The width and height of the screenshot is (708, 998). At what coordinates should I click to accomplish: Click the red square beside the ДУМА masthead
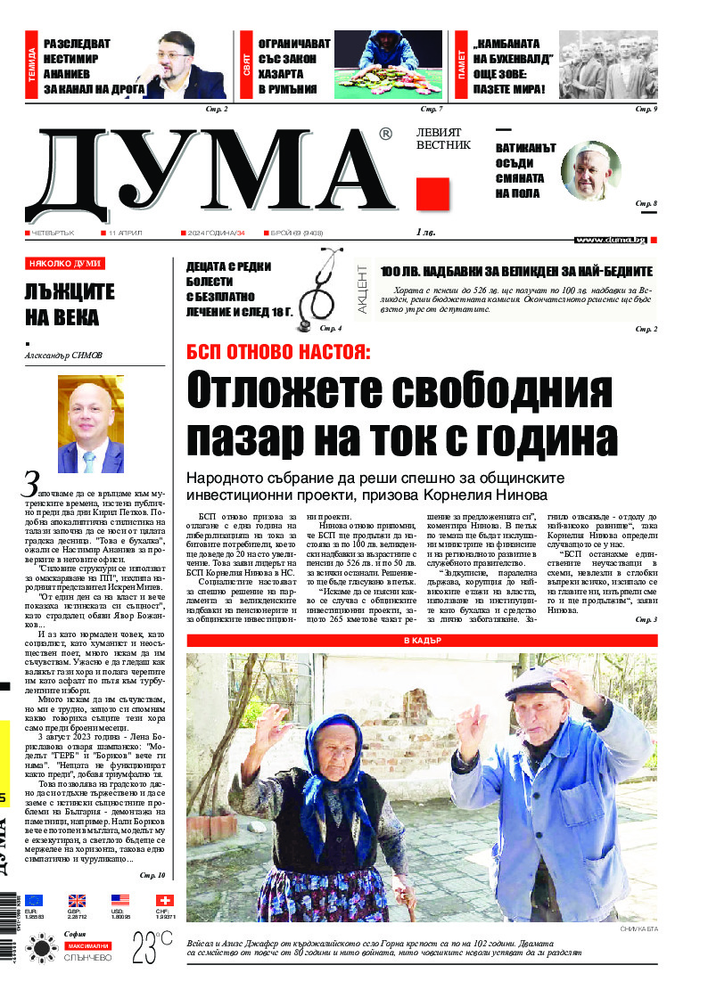pyautogui.click(x=432, y=193)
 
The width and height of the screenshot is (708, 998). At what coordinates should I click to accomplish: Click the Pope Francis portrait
pyautogui.click(x=590, y=171)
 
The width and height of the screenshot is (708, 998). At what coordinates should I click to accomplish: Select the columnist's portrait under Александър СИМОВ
pyautogui.click(x=91, y=424)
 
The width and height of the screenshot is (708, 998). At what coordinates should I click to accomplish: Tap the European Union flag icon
pyautogui.click(x=35, y=901)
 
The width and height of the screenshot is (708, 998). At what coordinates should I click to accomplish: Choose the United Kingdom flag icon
pyautogui.click(x=78, y=901)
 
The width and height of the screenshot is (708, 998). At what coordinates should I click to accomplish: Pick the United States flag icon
pyautogui.click(x=120, y=901)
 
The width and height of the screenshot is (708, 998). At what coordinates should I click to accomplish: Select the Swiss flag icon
pyautogui.click(x=164, y=901)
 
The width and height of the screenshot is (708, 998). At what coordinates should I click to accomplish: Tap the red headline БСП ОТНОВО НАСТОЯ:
pyautogui.click(x=277, y=351)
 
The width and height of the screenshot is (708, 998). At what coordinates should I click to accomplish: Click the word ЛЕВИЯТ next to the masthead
pyautogui.click(x=443, y=131)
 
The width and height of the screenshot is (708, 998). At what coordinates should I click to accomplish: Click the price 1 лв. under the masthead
pyautogui.click(x=424, y=233)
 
